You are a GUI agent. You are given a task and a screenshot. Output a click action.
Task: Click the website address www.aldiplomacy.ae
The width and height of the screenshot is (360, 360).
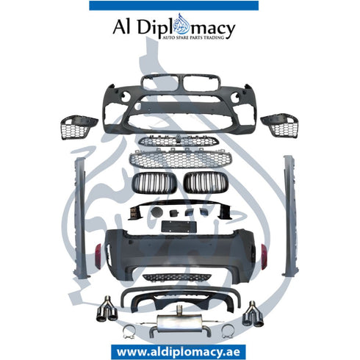pyautogui.click(x=179, y=352)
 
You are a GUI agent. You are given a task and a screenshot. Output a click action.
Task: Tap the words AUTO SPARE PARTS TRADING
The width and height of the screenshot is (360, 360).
pyautogui.click(x=193, y=37)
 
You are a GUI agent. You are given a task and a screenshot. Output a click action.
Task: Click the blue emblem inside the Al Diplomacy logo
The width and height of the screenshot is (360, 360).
pyautogui.click(x=181, y=24)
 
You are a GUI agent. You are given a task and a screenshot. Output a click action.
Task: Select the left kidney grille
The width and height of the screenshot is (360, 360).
pyautogui.click(x=154, y=182)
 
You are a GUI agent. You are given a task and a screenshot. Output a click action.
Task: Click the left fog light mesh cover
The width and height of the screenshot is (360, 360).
pyautogui.click(x=79, y=126)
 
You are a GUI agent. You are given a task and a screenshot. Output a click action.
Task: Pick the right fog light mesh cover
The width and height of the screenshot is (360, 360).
pyautogui.click(x=280, y=125)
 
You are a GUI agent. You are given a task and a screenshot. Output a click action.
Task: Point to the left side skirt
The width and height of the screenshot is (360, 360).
pyautogui.click(x=81, y=217)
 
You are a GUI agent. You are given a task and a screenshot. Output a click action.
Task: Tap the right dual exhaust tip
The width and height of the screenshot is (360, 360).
pyautogui.click(x=253, y=314)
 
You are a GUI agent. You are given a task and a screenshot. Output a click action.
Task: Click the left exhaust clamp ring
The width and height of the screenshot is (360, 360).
pyautogui.click(x=129, y=332)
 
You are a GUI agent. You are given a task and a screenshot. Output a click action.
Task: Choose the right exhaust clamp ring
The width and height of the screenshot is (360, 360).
pyautogui.click(x=228, y=331)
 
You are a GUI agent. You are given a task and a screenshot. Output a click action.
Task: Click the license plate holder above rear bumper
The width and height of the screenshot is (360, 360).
pyautogui.click(x=179, y=226)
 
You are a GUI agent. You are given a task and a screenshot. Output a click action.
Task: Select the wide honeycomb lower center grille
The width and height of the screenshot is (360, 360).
pyautogui.click(x=181, y=159)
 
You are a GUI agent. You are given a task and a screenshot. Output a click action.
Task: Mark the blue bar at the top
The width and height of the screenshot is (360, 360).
pyautogui.click(x=174, y=6)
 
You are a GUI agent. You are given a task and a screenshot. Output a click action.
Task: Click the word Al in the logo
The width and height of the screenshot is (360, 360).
pyautogui.click(x=122, y=26)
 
